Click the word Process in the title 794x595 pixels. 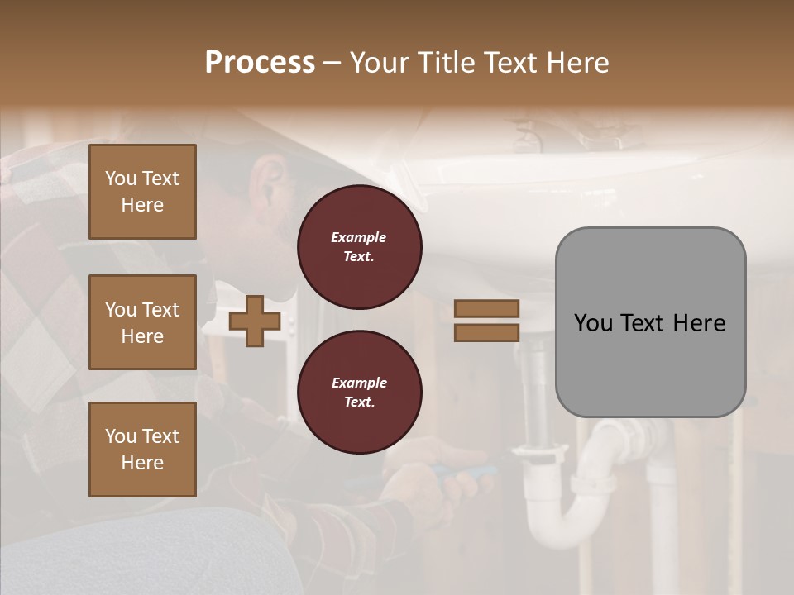pos(260,63)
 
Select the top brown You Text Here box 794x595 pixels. pos(142,192)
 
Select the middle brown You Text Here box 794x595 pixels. pos(142,322)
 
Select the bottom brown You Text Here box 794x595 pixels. pos(142,450)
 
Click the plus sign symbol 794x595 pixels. pos(255,321)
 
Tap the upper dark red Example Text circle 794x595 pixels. pos(360,247)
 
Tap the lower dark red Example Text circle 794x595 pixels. pos(360,393)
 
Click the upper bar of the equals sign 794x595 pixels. pos(487,309)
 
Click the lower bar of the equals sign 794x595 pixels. pos(487,332)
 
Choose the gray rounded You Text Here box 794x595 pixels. pos(650,322)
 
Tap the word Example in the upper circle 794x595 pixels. pos(358,237)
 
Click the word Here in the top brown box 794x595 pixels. pos(142,205)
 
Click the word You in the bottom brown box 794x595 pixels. pos(121,436)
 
